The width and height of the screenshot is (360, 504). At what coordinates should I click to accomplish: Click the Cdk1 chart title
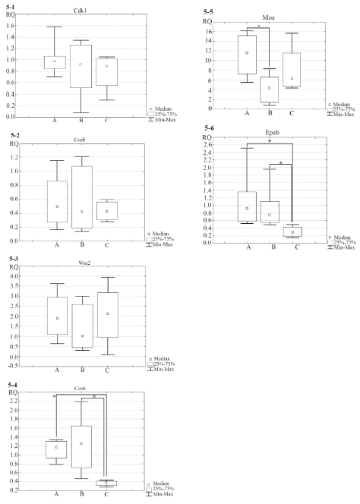coord(80,11)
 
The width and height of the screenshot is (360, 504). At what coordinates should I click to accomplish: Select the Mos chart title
coord(268,17)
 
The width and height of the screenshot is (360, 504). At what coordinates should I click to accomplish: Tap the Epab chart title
coord(272,132)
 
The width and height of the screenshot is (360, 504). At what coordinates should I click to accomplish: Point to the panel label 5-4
coord(13,385)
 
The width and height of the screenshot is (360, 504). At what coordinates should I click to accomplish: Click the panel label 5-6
coord(209,128)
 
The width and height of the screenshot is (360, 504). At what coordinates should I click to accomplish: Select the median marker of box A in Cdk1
coord(55,61)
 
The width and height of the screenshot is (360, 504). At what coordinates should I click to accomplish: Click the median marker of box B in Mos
coord(270,88)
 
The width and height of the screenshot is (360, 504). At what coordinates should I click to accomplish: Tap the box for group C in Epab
coord(292,232)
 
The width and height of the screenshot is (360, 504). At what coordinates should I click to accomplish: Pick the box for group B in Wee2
coord(83,326)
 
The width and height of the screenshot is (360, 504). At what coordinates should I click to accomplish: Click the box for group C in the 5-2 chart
coord(107,210)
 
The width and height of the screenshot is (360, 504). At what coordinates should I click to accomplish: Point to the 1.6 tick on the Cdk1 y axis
coord(11,26)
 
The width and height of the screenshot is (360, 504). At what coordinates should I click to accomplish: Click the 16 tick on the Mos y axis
coord(209,31)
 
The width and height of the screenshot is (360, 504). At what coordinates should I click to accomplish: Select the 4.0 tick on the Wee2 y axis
coord(13,276)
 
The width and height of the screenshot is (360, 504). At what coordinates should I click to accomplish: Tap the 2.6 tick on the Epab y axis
coord(208,145)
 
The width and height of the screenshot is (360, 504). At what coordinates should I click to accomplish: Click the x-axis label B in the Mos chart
coord(270,113)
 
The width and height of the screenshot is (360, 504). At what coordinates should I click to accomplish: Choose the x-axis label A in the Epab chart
coord(248,247)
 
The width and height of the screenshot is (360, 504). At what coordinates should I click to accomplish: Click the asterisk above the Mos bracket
coord(259,26)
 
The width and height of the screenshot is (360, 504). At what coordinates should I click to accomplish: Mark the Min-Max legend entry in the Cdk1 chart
coord(162,120)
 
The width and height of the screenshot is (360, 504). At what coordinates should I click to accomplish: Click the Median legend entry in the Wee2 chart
coord(159,359)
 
